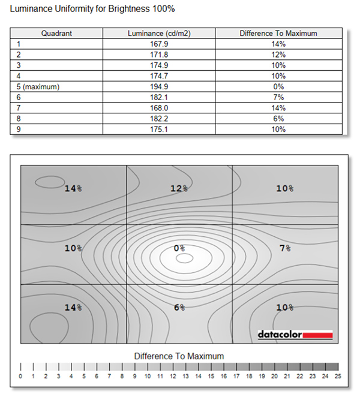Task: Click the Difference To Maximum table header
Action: point(278,34)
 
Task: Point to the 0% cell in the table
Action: point(278,86)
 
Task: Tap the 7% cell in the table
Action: point(278,97)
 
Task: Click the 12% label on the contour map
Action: point(179,188)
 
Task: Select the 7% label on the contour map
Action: point(285,247)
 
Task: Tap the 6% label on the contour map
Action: point(179,307)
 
